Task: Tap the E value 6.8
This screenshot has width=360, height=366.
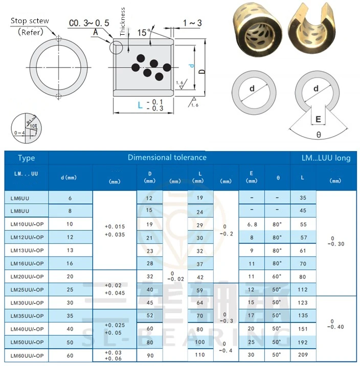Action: tap(252, 224)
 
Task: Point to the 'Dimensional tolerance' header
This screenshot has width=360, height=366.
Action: tap(167, 157)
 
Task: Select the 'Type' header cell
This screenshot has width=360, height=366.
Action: tap(26, 158)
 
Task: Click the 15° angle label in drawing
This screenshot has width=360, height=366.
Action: tap(144, 32)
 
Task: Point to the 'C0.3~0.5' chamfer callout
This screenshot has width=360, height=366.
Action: tap(89, 23)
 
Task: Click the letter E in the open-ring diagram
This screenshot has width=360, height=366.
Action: tap(318, 120)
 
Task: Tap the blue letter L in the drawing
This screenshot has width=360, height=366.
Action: tap(140, 105)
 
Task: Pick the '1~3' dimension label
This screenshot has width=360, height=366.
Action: tap(192, 23)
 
